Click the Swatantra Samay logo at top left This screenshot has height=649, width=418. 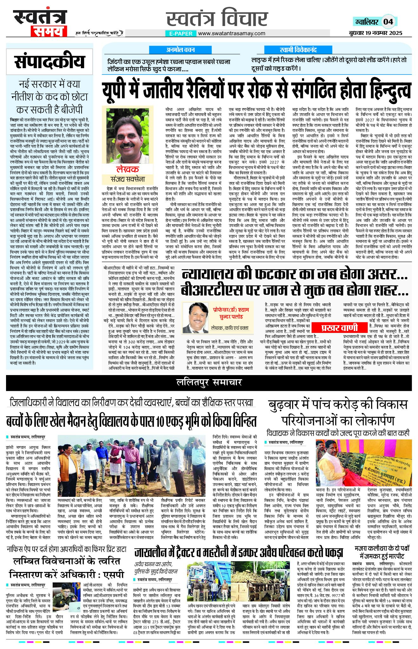click(x=40, y=23)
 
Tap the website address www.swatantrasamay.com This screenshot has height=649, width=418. click(x=232, y=33)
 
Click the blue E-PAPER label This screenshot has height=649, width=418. click(x=181, y=33)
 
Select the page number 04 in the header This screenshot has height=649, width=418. click(x=388, y=22)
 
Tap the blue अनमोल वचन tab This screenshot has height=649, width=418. click(x=180, y=50)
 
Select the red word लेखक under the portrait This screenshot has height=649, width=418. click(x=127, y=169)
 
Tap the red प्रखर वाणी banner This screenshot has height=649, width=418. click(x=339, y=328)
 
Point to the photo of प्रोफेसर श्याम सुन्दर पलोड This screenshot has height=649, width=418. click(x=196, y=317)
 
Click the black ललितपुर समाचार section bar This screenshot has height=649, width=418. click(x=209, y=382)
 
